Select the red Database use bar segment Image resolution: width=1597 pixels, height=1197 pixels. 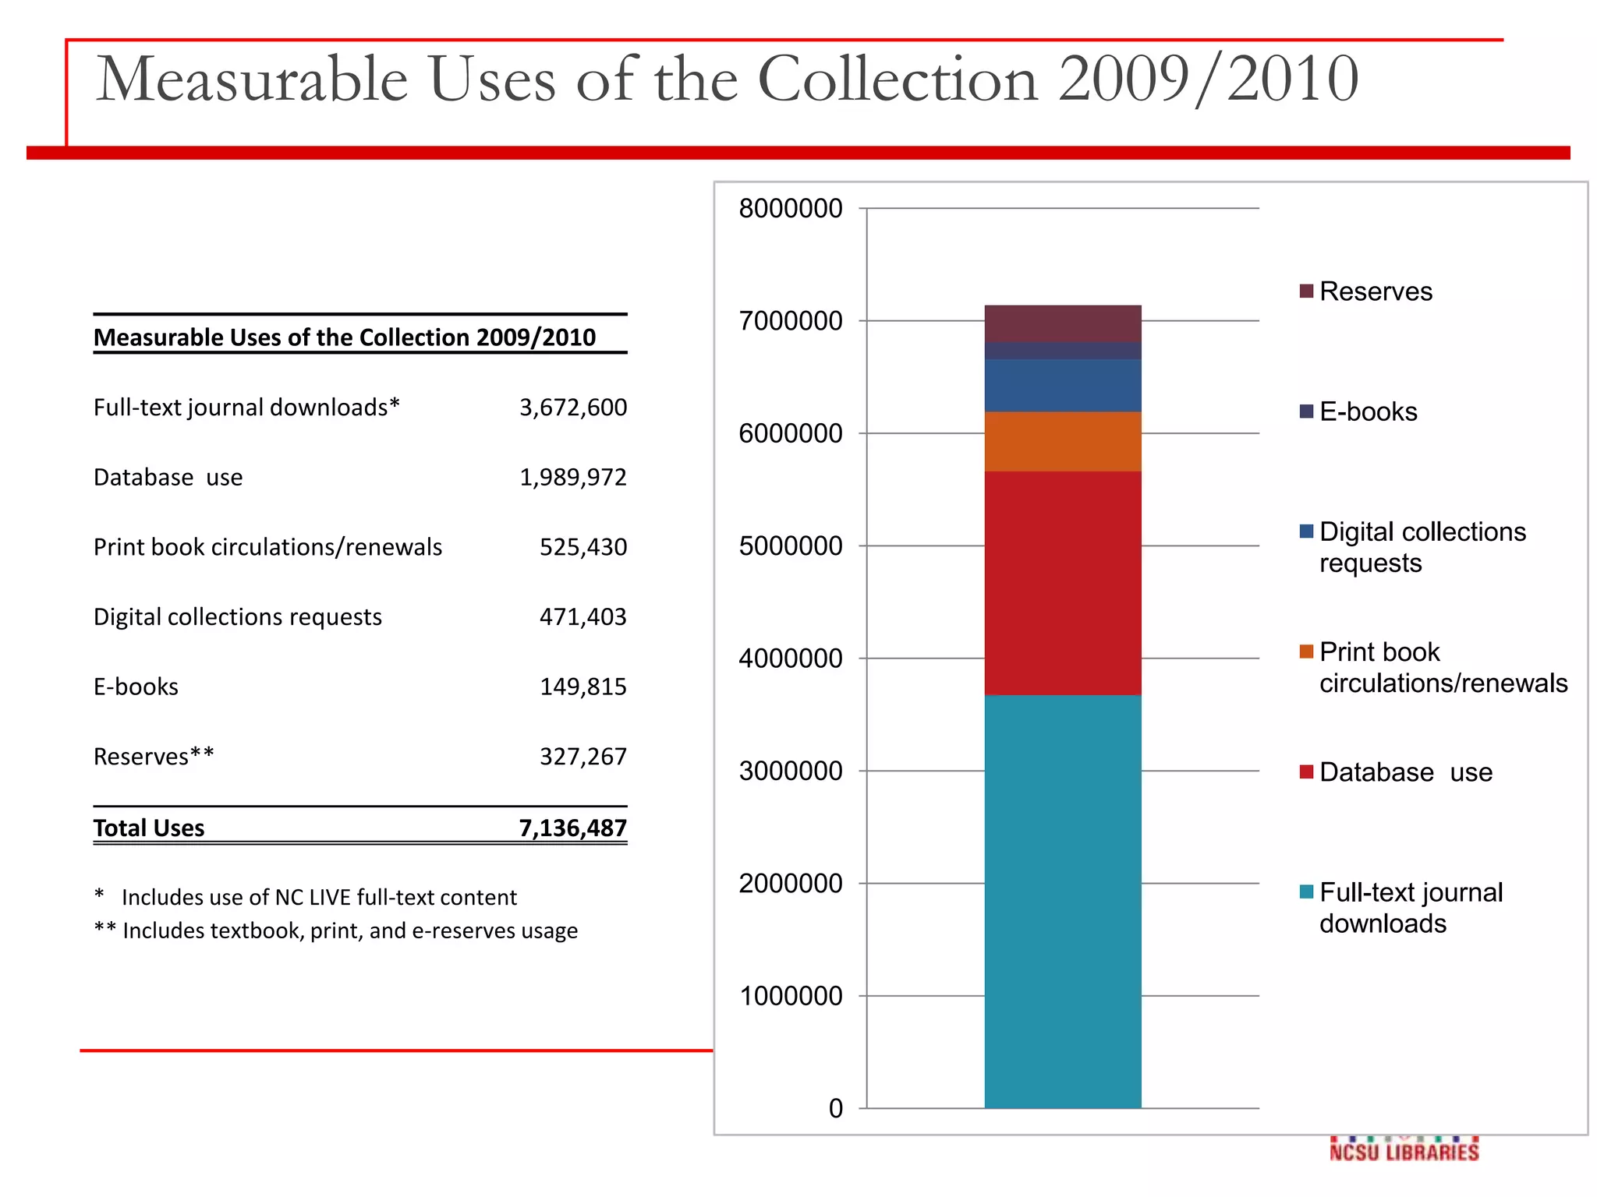click(x=1062, y=582)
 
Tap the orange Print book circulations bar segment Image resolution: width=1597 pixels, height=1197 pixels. click(x=1062, y=441)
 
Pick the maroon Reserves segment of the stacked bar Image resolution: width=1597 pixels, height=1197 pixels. click(x=1062, y=323)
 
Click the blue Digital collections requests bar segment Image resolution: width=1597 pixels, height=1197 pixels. click(x=1062, y=385)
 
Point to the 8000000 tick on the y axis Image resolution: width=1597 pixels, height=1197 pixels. click(x=790, y=209)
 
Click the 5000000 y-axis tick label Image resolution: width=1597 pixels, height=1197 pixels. click(x=790, y=546)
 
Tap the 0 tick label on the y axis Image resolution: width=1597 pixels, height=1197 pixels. click(x=835, y=1108)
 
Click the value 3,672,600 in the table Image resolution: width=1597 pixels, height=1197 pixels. click(x=572, y=408)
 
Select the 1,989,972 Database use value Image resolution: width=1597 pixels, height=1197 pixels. click(x=572, y=477)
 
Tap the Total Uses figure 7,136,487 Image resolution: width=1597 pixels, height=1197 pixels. click(x=572, y=828)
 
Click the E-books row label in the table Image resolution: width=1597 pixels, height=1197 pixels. click(x=136, y=687)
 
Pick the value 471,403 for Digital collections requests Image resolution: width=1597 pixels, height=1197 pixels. click(x=582, y=616)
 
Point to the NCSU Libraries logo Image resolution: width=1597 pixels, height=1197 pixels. click(x=1404, y=1150)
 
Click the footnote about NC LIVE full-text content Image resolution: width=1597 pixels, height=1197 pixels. click(x=318, y=897)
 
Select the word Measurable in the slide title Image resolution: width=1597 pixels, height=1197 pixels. click(x=251, y=79)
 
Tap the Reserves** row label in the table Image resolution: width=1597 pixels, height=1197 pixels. click(x=154, y=757)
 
